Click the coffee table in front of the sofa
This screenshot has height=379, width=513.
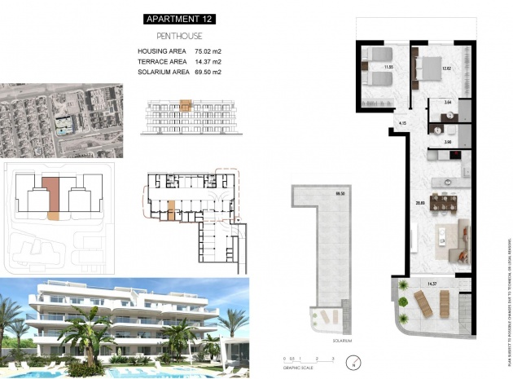click(x=446, y=237)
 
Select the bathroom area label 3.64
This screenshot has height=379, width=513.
click(x=448, y=104)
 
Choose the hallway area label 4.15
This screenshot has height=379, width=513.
click(x=401, y=123)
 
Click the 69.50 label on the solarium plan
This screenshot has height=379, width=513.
click(x=340, y=194)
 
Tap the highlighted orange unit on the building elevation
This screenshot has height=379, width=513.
click(x=186, y=106)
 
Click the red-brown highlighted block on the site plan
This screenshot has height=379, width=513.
click(x=52, y=195)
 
